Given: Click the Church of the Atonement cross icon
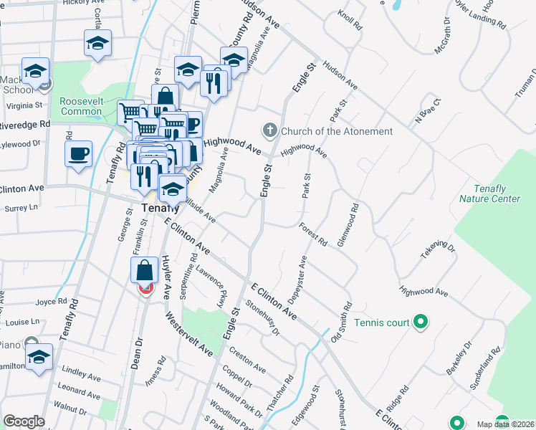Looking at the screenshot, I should click(270, 130).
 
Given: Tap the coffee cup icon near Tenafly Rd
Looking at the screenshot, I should click(78, 153).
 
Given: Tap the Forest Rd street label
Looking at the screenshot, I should click(313, 235).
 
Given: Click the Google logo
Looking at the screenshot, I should click(24, 421).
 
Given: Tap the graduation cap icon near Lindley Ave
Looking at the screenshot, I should click(39, 358).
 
